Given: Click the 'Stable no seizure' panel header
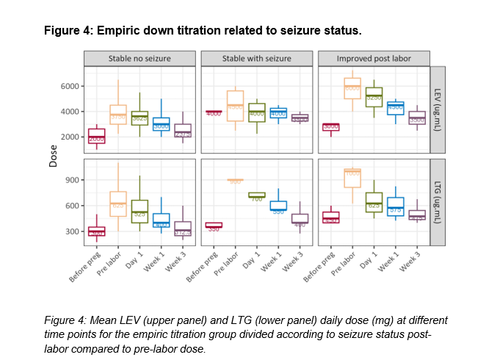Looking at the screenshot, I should point(139,59).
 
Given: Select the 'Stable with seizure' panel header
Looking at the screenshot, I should point(257,59).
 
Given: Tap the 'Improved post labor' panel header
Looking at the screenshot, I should point(374,59).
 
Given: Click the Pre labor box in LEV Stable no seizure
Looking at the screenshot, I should point(118,115).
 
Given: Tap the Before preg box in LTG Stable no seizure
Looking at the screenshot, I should point(96,231).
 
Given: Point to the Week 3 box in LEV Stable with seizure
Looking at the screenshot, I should point(300,118).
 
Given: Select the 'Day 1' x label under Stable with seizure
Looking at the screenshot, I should point(251,260).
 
